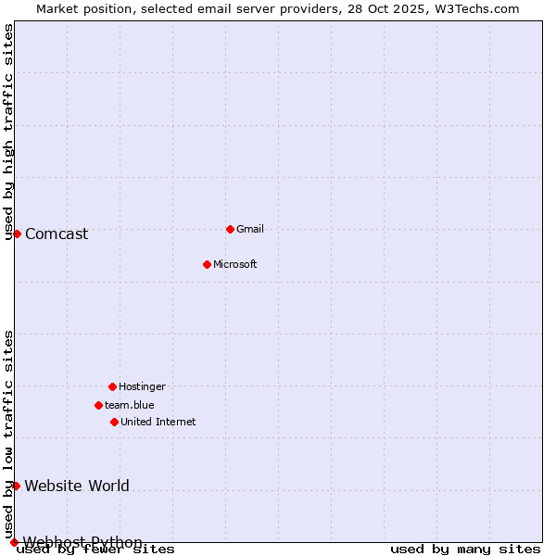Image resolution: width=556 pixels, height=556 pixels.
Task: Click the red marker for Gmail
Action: tap(230, 229)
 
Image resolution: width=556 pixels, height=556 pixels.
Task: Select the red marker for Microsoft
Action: tap(207, 264)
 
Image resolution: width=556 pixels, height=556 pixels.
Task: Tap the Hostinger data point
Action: tap(112, 386)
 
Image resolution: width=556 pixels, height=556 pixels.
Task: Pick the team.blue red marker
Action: tap(98, 405)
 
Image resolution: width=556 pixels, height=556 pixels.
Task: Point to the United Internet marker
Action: tap(114, 422)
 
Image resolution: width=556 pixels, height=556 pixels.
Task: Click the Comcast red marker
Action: tap(17, 234)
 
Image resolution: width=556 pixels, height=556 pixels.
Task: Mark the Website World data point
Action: tap(16, 486)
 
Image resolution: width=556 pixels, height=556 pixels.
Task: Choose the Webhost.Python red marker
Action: tap(14, 542)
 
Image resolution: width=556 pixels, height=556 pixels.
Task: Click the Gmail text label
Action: tap(250, 229)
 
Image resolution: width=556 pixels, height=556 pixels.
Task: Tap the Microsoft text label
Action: tap(235, 264)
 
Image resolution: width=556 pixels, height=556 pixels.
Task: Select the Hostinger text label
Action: tap(142, 386)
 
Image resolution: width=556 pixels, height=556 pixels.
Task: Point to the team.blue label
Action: tap(130, 405)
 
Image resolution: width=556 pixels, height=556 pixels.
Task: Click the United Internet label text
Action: tap(158, 422)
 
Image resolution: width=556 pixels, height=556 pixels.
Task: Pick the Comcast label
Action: tap(57, 234)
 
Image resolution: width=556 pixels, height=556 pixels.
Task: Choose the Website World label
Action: tap(77, 486)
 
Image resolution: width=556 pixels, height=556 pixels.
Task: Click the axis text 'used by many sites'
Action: tap(465, 550)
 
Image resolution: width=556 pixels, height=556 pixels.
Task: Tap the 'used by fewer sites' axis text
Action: tap(96, 550)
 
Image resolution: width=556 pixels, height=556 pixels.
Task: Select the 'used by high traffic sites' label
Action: tap(9, 133)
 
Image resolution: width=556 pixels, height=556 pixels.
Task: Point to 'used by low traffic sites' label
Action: tap(9, 434)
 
